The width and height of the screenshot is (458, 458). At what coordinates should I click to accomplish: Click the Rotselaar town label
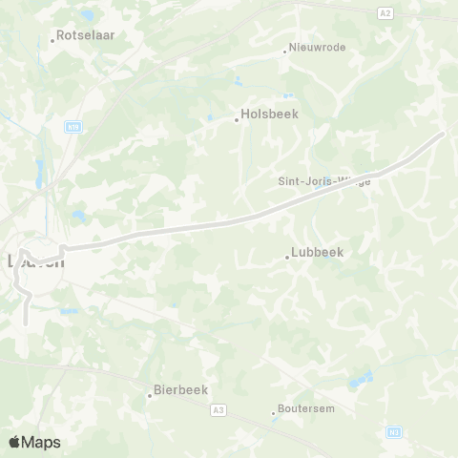coord(87,33)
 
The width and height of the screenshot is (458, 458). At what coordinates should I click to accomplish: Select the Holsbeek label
coord(271,113)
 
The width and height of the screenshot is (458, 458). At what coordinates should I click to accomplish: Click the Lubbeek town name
coord(321,253)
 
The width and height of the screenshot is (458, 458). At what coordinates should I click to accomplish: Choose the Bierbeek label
coord(182,389)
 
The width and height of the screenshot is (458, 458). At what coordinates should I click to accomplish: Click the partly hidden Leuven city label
coord(36,260)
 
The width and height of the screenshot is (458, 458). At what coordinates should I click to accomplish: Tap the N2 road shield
coord(393,433)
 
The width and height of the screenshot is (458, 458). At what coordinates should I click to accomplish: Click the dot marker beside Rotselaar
coord(52,40)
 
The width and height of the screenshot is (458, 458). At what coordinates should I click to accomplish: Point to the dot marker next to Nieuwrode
coord(284,51)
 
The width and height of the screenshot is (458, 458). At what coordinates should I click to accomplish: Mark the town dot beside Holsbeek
coord(237,119)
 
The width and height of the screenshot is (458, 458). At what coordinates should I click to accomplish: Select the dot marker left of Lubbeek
coord(286,257)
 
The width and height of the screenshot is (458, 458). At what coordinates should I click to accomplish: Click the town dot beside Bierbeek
coord(149,395)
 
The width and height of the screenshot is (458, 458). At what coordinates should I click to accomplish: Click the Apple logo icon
coord(15,442)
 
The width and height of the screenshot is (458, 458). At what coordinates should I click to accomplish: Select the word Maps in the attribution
coord(42,442)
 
